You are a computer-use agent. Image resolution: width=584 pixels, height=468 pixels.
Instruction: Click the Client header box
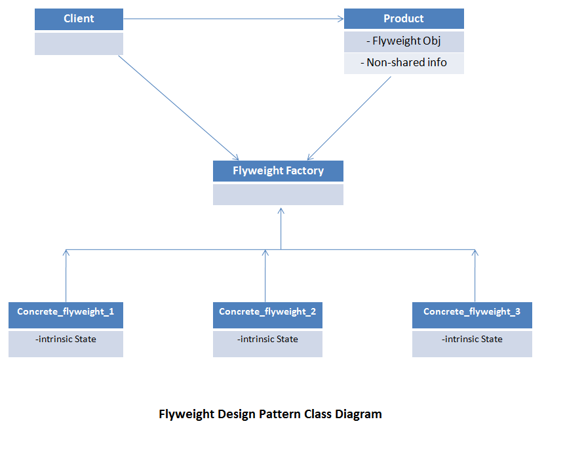(79, 19)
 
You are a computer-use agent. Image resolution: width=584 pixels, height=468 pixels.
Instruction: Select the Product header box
(404, 18)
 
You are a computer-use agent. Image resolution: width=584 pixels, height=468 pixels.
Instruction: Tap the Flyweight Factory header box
(278, 171)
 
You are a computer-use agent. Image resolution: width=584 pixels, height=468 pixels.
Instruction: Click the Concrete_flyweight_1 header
(66, 315)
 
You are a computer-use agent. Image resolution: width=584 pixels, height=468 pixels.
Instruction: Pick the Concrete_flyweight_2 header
(267, 315)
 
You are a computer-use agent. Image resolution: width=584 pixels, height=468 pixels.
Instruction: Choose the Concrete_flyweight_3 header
(472, 315)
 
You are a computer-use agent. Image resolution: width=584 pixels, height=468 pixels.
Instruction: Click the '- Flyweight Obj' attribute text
(404, 41)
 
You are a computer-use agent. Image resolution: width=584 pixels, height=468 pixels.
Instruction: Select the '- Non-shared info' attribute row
(404, 63)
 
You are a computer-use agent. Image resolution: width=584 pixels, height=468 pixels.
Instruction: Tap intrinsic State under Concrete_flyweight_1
(66, 339)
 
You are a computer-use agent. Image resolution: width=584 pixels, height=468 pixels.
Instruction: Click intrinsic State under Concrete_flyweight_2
(267, 339)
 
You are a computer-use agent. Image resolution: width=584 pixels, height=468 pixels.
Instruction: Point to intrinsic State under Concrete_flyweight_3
(472, 339)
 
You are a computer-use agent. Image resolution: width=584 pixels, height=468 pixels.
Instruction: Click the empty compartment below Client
(79, 44)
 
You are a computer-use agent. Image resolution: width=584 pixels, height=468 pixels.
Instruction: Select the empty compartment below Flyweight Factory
(278, 195)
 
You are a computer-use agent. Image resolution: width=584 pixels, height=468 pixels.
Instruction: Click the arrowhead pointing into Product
(340, 18)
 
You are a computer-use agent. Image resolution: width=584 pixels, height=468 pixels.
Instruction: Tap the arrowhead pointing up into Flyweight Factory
(281, 210)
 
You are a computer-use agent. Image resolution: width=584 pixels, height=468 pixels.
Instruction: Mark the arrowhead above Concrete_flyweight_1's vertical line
(66, 252)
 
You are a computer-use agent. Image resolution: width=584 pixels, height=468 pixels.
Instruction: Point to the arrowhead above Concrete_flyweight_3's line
(475, 252)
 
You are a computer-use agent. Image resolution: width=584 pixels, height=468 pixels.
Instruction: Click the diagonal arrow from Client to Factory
(178, 107)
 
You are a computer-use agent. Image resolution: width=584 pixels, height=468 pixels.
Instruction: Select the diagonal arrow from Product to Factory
(349, 119)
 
